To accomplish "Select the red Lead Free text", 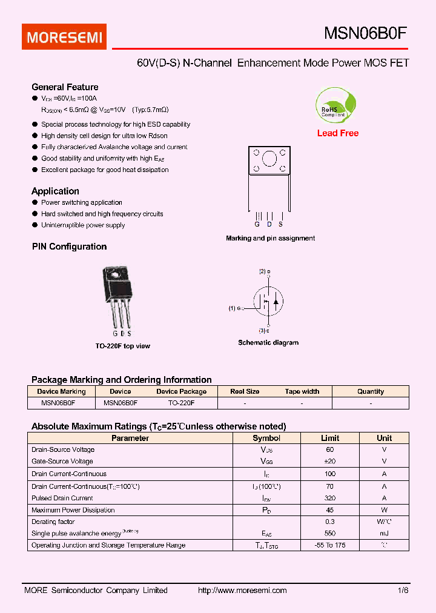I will (338, 133).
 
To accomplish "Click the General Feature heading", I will (65, 87).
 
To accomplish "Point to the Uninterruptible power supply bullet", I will (83, 225).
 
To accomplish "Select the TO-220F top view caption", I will (122, 346).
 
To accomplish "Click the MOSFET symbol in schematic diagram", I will (268, 301).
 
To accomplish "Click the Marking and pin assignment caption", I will (270, 239).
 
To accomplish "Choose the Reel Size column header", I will (245, 392).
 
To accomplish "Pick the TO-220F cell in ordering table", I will (181, 402).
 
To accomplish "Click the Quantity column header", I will (371, 392).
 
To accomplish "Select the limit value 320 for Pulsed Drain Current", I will (330, 498).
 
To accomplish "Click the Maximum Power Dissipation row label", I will (73, 510).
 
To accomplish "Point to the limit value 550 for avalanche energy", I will (330, 534).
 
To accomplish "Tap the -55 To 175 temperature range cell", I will (330, 545).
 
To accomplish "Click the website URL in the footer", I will (242, 591).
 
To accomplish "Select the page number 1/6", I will (403, 591).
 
